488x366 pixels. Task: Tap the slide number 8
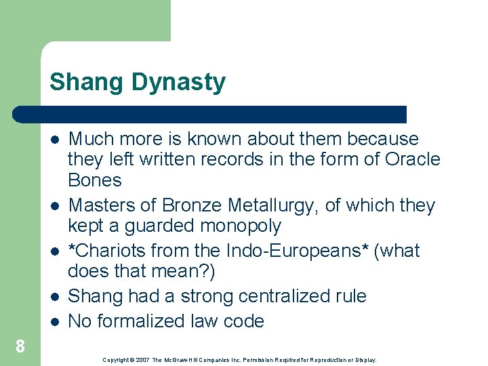pyautogui.click(x=20, y=347)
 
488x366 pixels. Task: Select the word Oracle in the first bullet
pyautogui.click(x=412, y=159)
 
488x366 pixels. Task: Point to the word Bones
pyautogui.click(x=95, y=180)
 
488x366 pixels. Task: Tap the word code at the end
pyautogui.click(x=243, y=321)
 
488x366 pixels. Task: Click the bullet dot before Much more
pyautogui.click(x=54, y=140)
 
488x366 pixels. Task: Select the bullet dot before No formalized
pyautogui.click(x=54, y=321)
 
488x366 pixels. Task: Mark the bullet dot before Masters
pyautogui.click(x=54, y=205)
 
